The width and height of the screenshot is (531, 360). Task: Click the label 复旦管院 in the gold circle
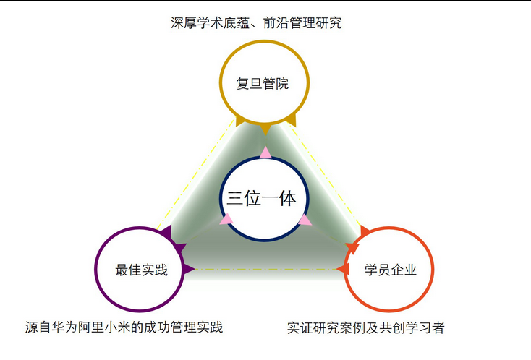(x=263, y=84)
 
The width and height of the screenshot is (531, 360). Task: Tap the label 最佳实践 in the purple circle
(x=142, y=270)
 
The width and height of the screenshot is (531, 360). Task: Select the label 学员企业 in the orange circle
(x=391, y=270)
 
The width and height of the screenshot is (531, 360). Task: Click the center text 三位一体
(x=261, y=198)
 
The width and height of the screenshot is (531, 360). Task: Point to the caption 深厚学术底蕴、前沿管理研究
(x=256, y=23)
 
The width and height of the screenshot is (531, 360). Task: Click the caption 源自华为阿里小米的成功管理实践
(x=124, y=327)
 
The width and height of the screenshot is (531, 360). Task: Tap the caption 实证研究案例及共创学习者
(x=366, y=327)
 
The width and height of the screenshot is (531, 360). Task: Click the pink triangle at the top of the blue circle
(x=265, y=153)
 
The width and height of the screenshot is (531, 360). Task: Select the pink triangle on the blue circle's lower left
(x=226, y=219)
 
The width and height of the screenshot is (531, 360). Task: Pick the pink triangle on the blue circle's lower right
(x=305, y=220)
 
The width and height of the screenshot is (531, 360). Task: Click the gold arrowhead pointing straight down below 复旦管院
(x=265, y=129)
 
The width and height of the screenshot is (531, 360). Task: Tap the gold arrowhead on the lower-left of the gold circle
(x=239, y=121)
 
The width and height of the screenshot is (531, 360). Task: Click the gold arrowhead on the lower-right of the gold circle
(x=292, y=121)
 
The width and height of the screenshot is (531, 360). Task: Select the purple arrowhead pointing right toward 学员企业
(x=188, y=270)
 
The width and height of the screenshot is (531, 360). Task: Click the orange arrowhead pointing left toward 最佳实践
(x=343, y=270)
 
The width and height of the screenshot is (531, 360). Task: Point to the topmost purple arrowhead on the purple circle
(x=166, y=232)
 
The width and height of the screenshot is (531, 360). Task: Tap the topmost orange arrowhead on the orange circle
(x=365, y=231)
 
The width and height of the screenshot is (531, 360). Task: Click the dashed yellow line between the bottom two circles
(x=265, y=270)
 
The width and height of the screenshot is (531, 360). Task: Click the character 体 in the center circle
(x=287, y=198)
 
